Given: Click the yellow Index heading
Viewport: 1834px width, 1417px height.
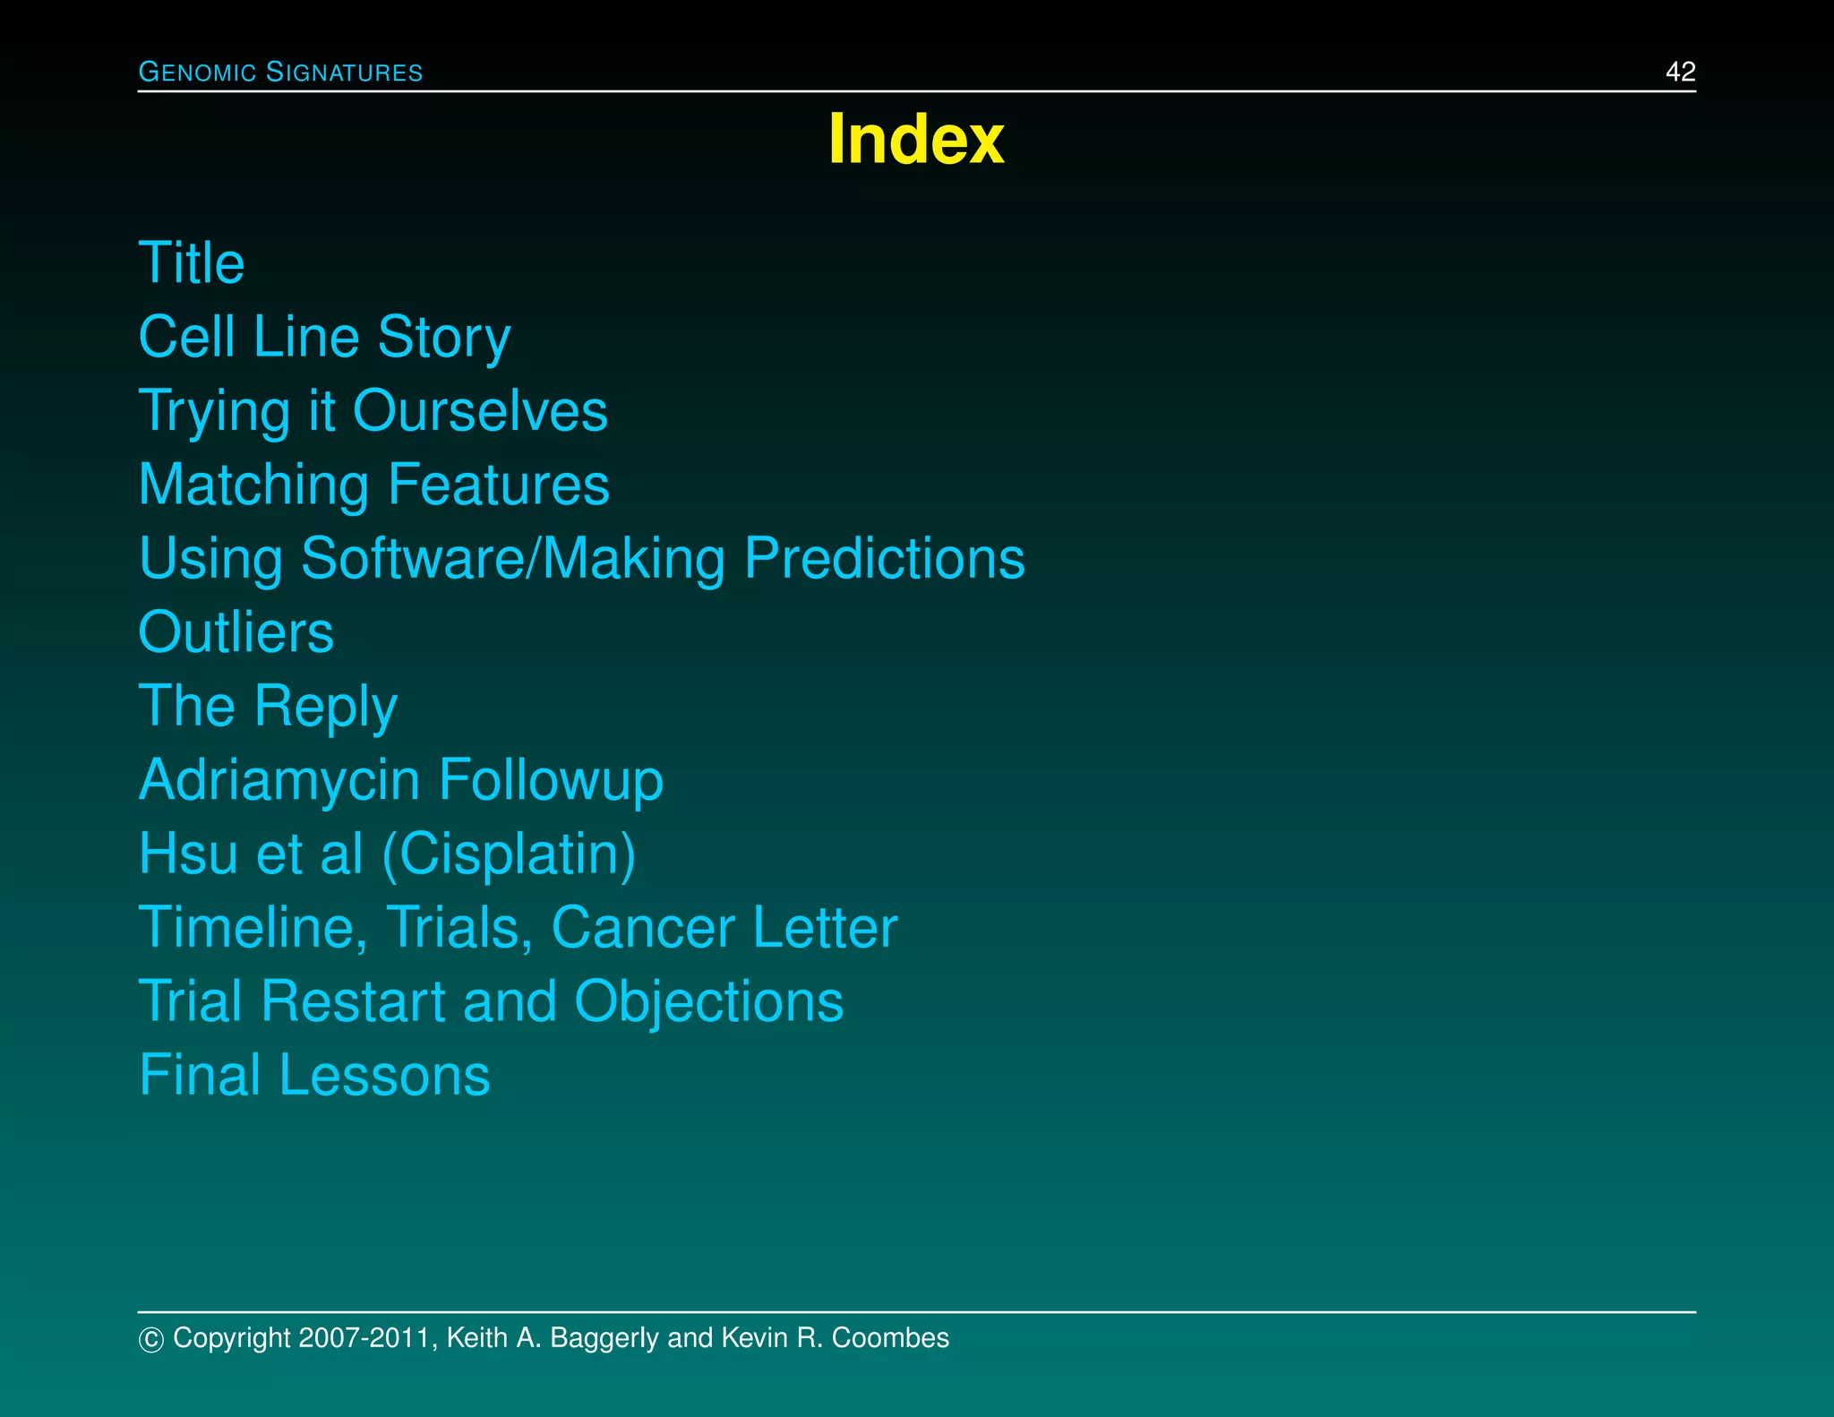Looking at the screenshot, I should [x=916, y=139].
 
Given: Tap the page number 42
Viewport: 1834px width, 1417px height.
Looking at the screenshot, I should [x=1680, y=72].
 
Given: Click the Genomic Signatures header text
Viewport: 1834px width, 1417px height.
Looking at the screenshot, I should [x=280, y=72].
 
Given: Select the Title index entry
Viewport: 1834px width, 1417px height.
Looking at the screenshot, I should [x=192, y=263].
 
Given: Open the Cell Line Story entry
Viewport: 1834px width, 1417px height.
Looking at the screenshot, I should [x=324, y=338].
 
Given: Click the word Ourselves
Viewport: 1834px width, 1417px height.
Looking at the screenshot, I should [x=480, y=411].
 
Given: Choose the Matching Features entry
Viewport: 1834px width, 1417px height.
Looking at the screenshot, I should [x=373, y=485].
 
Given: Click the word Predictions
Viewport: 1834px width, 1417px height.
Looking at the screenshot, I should [x=884, y=559].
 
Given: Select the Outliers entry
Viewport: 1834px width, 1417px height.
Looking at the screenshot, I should [x=236, y=632].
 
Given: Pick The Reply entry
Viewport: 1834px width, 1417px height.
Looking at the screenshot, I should [x=268, y=707].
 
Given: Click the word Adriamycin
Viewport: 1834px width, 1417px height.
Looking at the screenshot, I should [x=279, y=780].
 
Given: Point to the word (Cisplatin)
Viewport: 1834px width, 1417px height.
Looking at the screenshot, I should [x=509, y=854].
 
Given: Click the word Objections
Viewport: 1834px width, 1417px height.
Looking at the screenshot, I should [x=708, y=1001].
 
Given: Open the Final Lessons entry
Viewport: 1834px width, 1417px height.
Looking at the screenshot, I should [x=314, y=1076].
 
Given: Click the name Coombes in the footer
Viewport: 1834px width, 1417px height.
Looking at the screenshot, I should [x=890, y=1338].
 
